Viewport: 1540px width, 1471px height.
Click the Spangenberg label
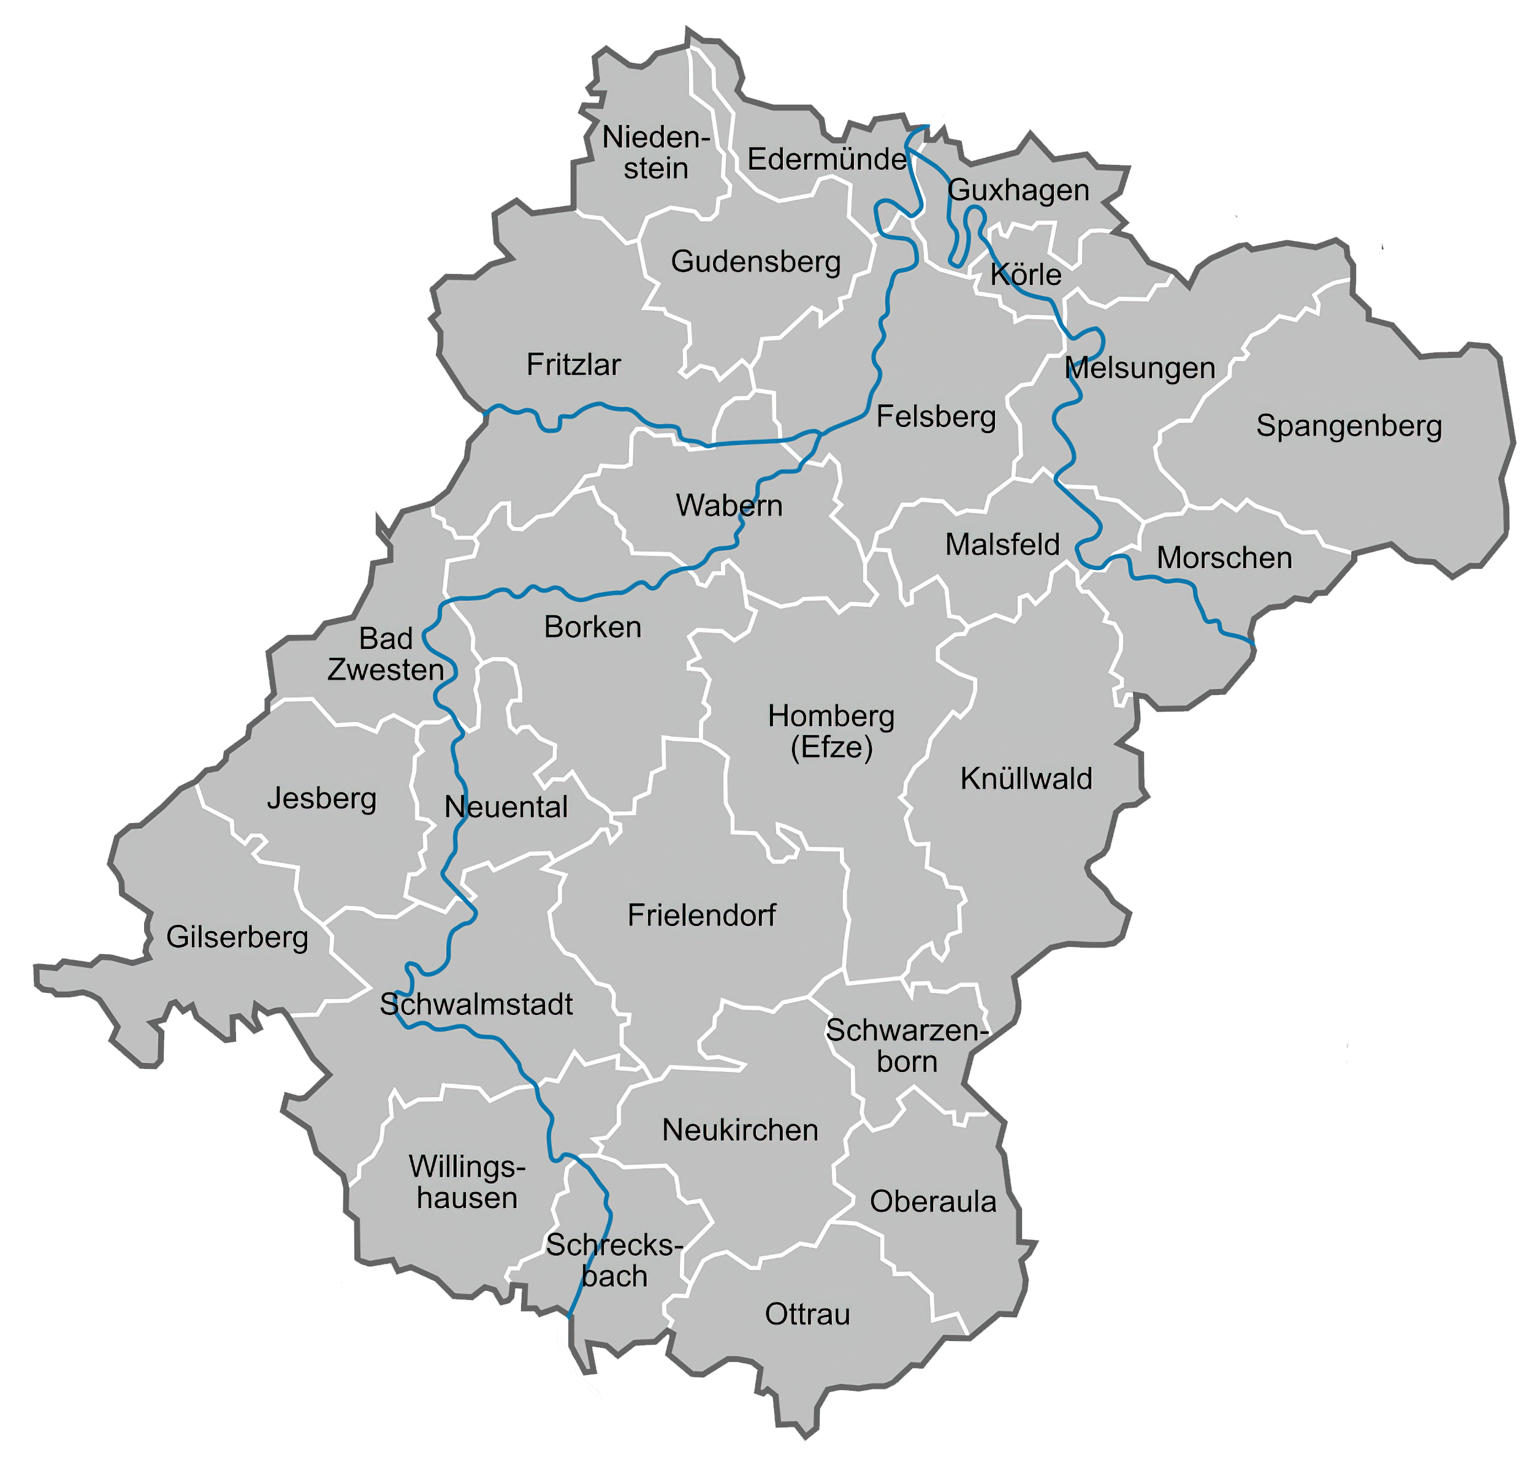pos(1348,426)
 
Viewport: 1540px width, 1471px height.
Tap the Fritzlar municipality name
pos(573,365)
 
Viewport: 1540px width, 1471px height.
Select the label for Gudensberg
pos(755,262)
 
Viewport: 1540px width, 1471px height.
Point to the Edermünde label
pos(826,159)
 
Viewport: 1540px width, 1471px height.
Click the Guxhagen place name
pos(1018,191)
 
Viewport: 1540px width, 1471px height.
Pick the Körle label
pos(1025,275)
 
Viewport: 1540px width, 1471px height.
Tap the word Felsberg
pos(936,416)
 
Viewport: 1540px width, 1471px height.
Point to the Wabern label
pos(728,506)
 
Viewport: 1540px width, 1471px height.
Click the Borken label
pos(592,627)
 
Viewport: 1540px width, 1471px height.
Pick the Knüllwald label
pos(1026,778)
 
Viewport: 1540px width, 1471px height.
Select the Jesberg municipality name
pos(321,798)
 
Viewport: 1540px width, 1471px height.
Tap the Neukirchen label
pos(739,1130)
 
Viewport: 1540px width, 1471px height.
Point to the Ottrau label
pos(807,1313)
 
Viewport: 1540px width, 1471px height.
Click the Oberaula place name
pos(932,1201)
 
